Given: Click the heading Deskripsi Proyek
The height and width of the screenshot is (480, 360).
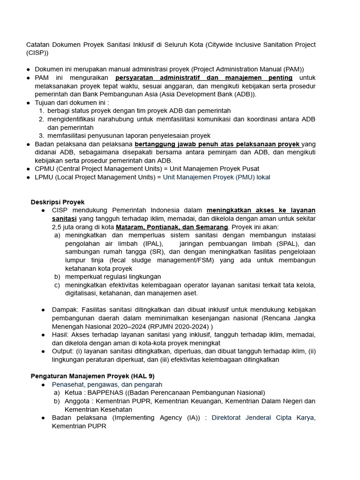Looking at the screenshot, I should [58, 202].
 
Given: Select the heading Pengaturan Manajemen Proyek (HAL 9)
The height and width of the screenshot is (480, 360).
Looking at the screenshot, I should [92, 376].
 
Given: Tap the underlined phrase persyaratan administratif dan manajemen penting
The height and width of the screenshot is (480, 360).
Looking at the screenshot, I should [204, 78].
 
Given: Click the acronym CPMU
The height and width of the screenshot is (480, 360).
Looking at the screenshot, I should [45, 169].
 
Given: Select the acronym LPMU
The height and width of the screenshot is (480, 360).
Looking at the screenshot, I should [45, 177].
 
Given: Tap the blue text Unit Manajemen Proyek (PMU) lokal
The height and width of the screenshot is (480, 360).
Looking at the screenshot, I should [217, 177].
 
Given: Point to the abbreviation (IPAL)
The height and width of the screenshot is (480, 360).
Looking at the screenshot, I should [153, 244].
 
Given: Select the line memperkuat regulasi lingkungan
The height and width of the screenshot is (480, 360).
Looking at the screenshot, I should [113, 277].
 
